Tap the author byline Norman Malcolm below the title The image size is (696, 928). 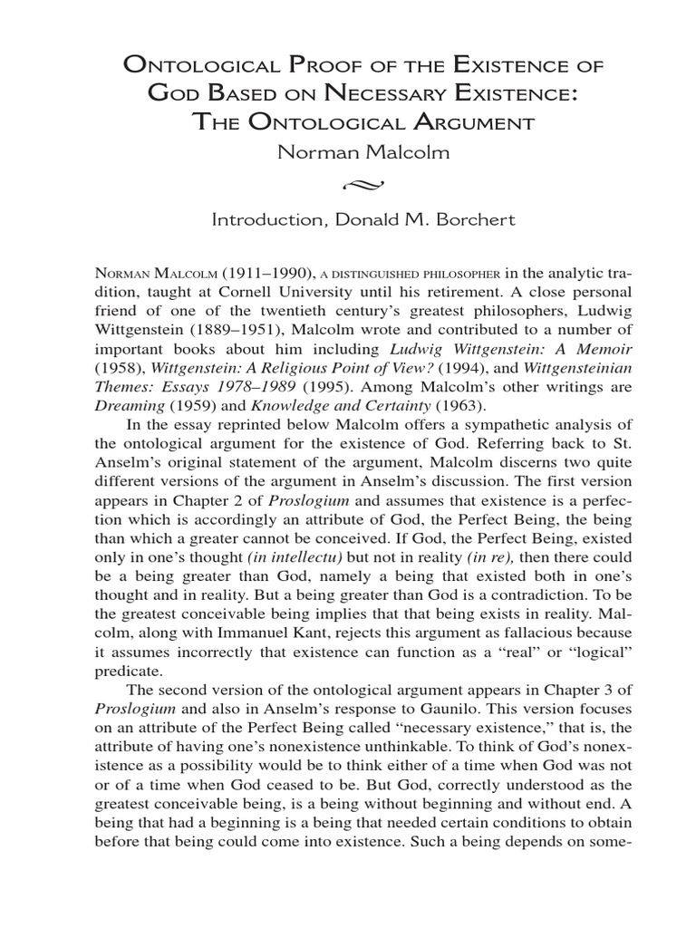pyautogui.click(x=348, y=153)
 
